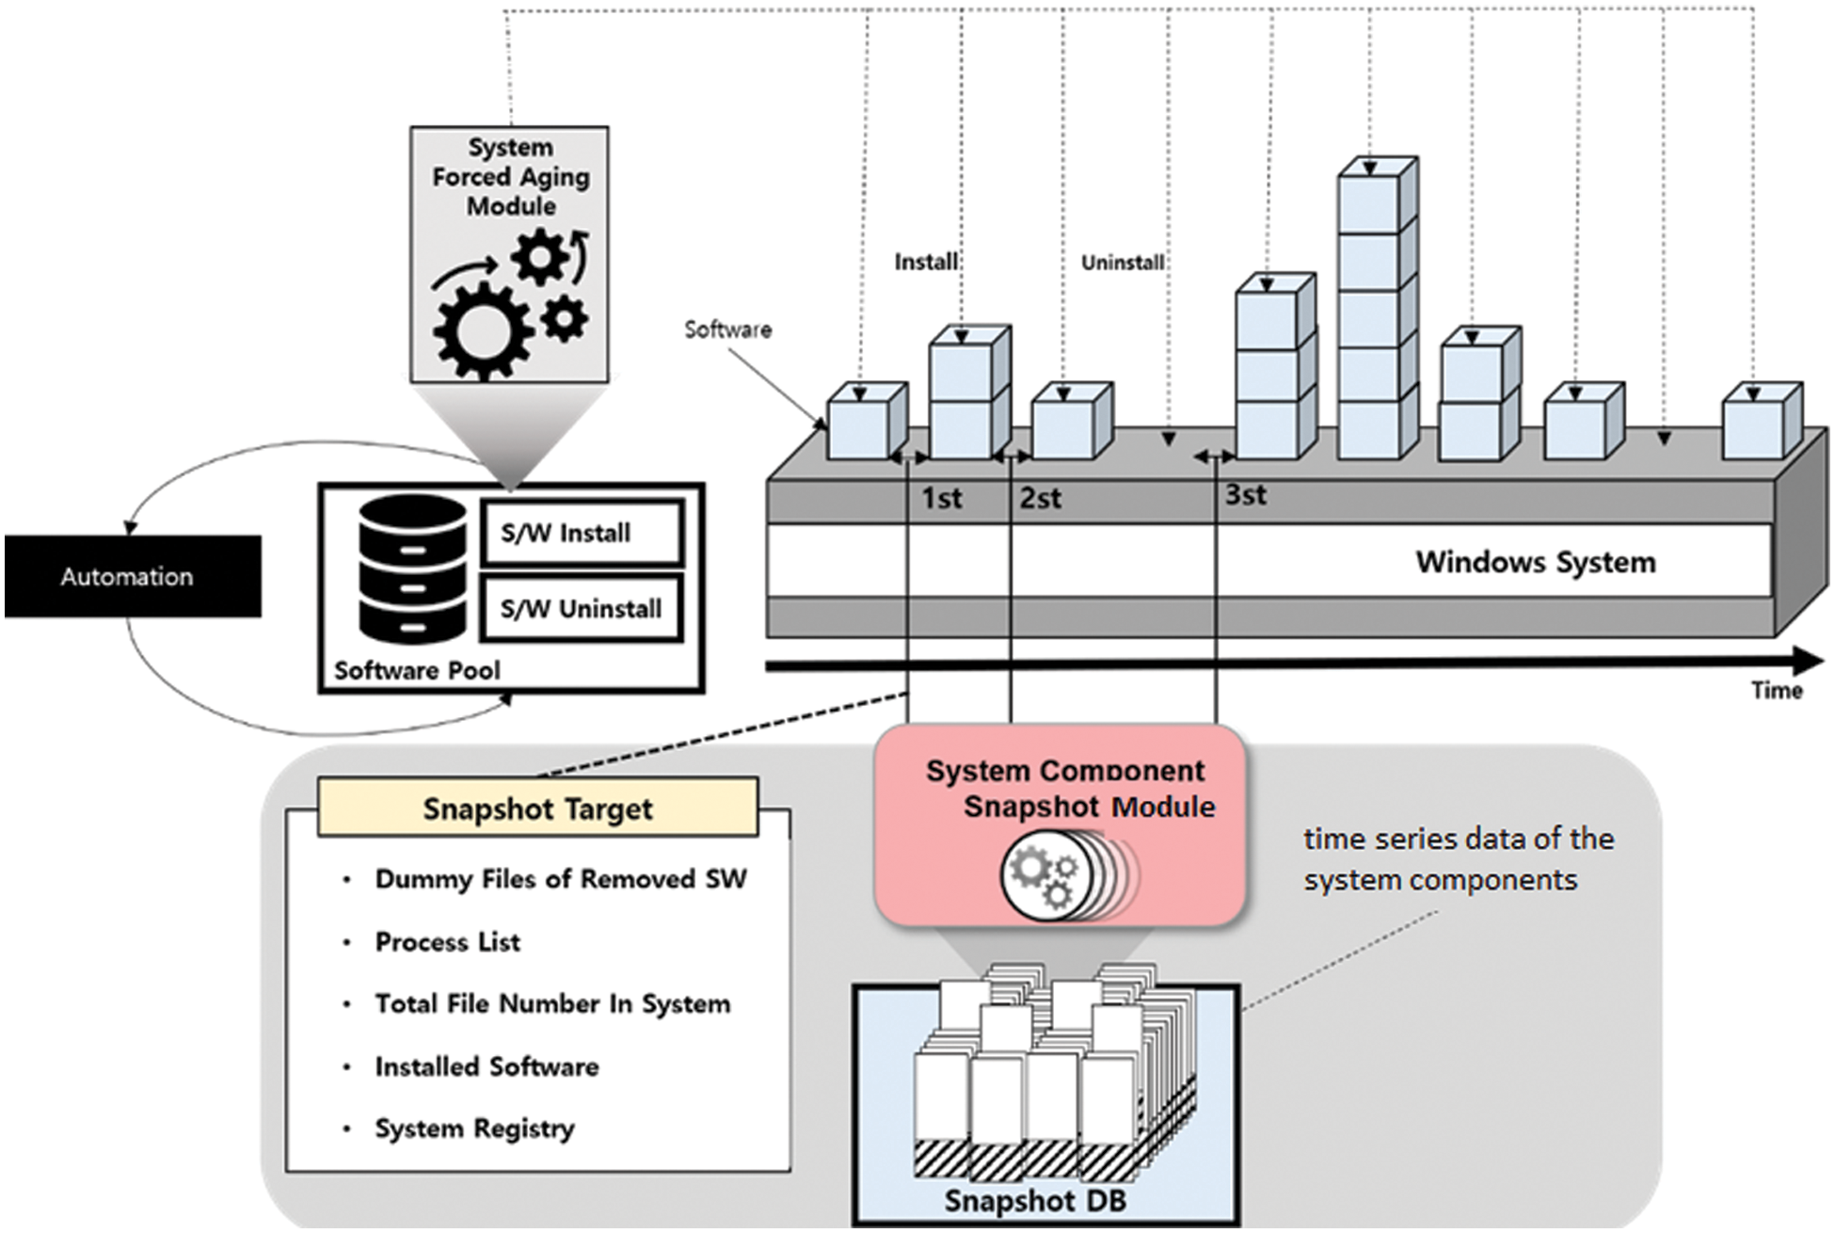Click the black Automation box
[x=132, y=576]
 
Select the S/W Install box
[x=582, y=534]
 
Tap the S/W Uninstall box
[x=582, y=609]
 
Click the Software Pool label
[x=417, y=671]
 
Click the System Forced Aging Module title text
[x=511, y=177]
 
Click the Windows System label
[x=1535, y=562]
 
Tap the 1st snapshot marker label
[x=941, y=498]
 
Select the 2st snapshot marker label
[x=1040, y=498]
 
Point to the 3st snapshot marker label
[x=1245, y=495]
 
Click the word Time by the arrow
[x=1777, y=691]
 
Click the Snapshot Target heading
[x=537, y=809]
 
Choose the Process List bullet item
[x=447, y=942]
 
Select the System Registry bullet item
[x=474, y=1129]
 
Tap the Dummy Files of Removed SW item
[x=560, y=879]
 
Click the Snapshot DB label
[x=1035, y=1201]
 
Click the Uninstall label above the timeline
[x=1123, y=263]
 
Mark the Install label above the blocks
[x=926, y=262]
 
